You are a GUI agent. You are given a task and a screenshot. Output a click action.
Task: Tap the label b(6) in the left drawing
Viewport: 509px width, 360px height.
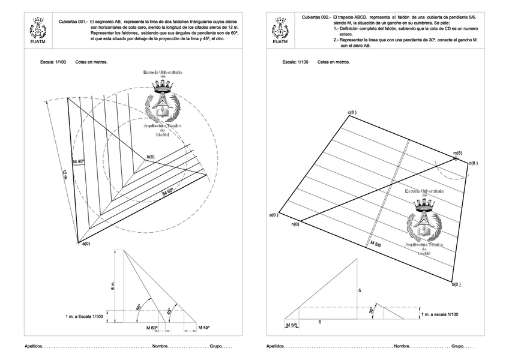[148, 157]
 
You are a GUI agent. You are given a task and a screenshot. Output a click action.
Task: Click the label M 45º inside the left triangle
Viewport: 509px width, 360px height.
[79, 161]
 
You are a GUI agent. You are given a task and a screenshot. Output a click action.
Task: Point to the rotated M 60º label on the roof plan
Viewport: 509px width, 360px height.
[167, 192]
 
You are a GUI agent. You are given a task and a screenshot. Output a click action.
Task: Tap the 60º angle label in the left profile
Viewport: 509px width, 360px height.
[138, 307]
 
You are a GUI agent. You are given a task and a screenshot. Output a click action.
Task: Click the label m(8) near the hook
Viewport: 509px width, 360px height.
[457, 154]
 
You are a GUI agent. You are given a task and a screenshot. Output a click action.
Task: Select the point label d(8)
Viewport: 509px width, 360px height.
[473, 163]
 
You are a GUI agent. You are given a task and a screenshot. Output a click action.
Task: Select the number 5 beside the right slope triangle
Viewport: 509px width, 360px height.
[360, 290]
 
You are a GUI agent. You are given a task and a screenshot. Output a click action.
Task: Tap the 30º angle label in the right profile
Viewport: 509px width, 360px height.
[372, 310]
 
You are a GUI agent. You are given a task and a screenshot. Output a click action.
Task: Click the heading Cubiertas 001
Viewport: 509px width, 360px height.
[72, 21]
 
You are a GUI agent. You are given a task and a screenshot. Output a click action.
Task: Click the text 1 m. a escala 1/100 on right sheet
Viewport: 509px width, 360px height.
[439, 314]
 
